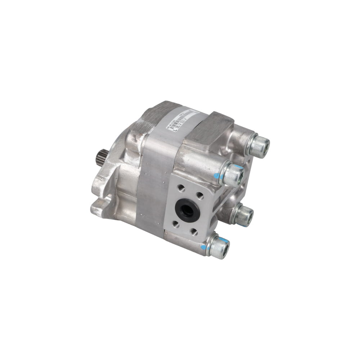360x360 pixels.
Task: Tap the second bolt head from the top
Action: tap(233, 174)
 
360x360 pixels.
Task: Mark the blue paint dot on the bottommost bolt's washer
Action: tap(204, 248)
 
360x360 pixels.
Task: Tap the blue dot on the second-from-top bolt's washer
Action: tap(216, 176)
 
